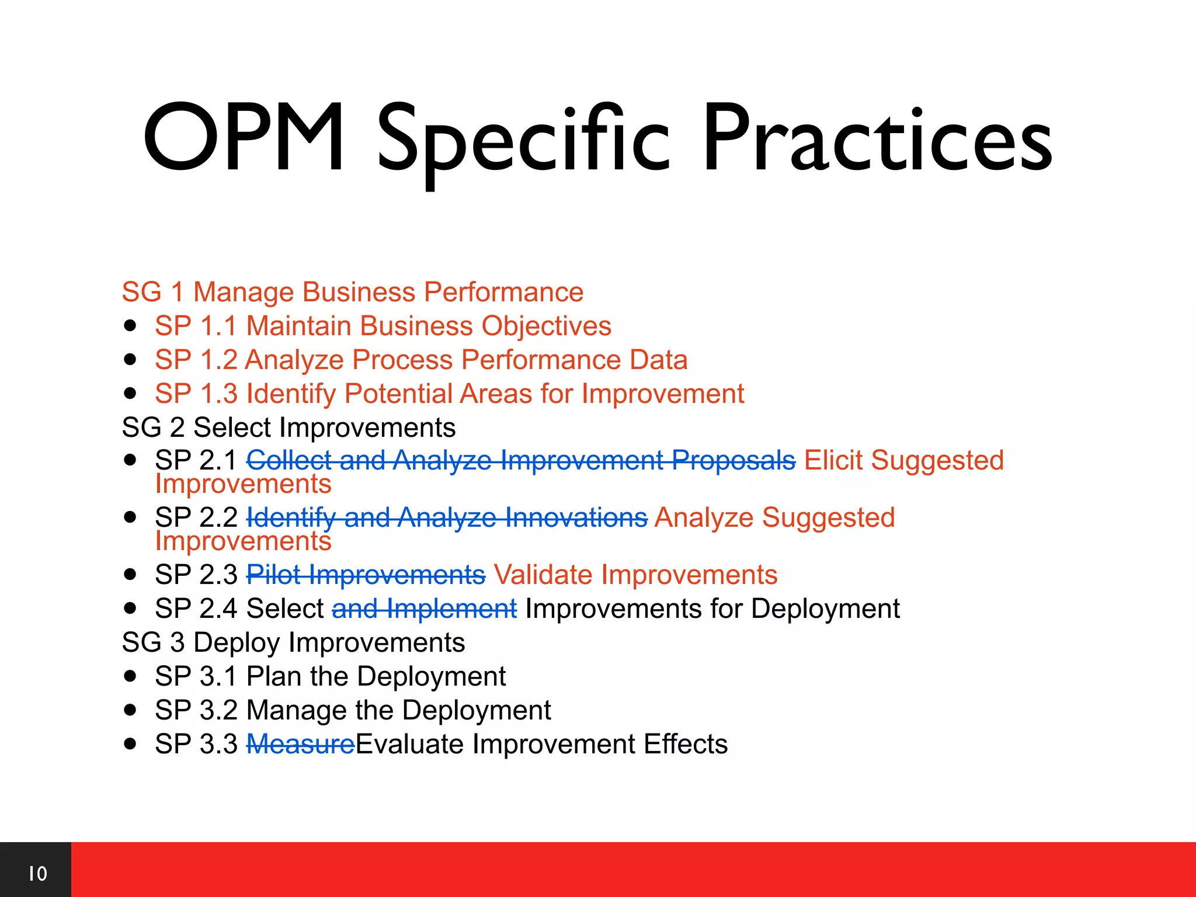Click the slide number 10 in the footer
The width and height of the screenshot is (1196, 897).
point(38,874)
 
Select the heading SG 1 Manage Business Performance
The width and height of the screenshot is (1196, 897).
point(352,292)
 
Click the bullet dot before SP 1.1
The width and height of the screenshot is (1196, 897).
point(130,325)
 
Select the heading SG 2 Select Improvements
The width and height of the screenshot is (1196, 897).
point(288,427)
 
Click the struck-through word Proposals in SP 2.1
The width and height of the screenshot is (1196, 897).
point(733,461)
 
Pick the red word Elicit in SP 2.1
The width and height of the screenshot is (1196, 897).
point(834,460)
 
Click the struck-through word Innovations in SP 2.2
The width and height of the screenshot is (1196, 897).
point(576,518)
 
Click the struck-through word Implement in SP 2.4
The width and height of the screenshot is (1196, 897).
point(451,609)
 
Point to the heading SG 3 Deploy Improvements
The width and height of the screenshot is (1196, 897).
point(293,642)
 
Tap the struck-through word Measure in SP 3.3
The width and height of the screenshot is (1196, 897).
point(300,745)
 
